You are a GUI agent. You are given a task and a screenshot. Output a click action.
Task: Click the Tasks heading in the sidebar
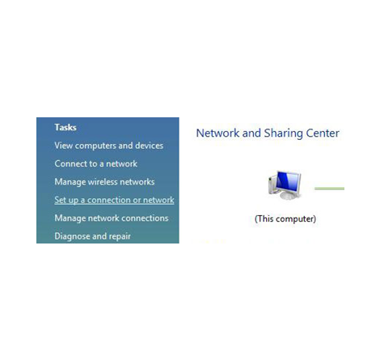pos(65,127)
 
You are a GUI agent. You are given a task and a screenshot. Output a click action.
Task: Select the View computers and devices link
pos(109,146)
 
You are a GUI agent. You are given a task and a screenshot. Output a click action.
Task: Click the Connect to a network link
pos(96,163)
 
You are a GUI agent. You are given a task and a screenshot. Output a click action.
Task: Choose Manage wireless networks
pos(104,182)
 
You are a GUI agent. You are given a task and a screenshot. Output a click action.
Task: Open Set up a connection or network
pos(114,200)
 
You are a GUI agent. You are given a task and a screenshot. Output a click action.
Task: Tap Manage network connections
pos(112,218)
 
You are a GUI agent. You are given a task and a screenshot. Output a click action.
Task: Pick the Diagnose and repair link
pos(93,236)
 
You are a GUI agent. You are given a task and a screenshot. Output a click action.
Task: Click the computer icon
pos(285,184)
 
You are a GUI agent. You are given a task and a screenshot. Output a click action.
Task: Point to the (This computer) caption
pos(285,218)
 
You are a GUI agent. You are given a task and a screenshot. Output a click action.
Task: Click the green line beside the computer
pos(329,188)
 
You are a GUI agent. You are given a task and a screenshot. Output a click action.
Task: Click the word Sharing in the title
pos(283,133)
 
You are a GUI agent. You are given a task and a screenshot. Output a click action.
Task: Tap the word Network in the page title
pos(217,133)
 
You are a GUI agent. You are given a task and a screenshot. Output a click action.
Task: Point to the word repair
pos(119,237)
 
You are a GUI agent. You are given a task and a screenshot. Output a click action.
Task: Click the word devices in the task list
pos(150,146)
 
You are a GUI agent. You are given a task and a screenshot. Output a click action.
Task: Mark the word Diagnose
pos(72,236)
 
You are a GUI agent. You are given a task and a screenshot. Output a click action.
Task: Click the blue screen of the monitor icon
pos(288,181)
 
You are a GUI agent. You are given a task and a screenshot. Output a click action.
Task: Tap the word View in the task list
pos(63,146)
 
